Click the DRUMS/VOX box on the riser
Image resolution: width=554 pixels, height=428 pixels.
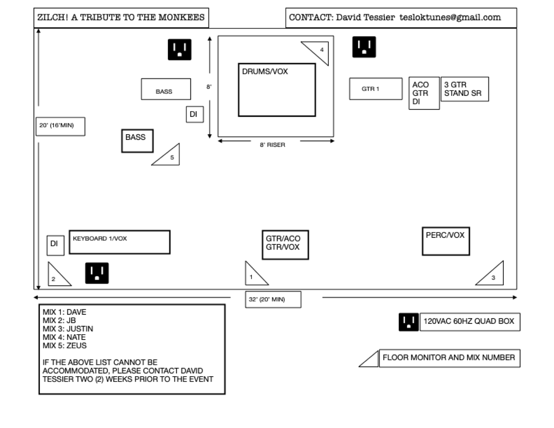pyautogui.click(x=277, y=90)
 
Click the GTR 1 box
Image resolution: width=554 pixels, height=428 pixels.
pyautogui.click(x=376, y=89)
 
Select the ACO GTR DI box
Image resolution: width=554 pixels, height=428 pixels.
pyautogui.click(x=424, y=93)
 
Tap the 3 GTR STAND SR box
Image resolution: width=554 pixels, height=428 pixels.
pyautogui.click(x=464, y=89)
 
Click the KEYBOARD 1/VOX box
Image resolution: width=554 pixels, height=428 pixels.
pyautogui.click(x=120, y=242)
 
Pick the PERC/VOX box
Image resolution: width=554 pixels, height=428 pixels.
pyautogui.click(x=446, y=241)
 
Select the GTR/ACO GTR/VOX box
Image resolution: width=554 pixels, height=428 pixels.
pyautogui.click(x=285, y=245)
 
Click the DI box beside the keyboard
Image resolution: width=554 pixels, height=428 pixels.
pyautogui.click(x=55, y=245)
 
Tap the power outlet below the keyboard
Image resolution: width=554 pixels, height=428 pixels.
pyautogui.click(x=97, y=273)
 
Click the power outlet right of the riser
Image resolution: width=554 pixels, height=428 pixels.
pyautogui.click(x=364, y=47)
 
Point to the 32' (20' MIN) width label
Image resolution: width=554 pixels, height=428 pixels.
pyautogui.click(x=273, y=299)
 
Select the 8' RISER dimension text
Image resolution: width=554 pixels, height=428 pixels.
pyautogui.click(x=273, y=145)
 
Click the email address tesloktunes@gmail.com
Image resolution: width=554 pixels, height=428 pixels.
pyautogui.click(x=450, y=17)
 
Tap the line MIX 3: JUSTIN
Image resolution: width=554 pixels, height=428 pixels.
pyautogui.click(x=68, y=329)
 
